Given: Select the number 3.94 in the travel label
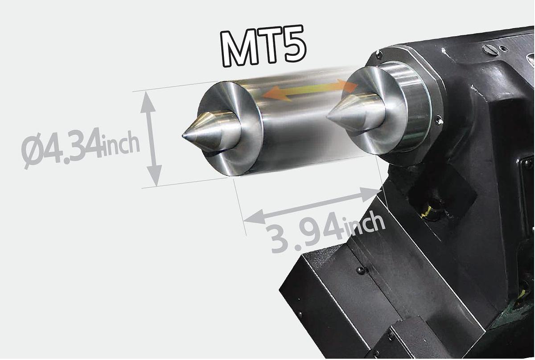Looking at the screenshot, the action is [x=303, y=232].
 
